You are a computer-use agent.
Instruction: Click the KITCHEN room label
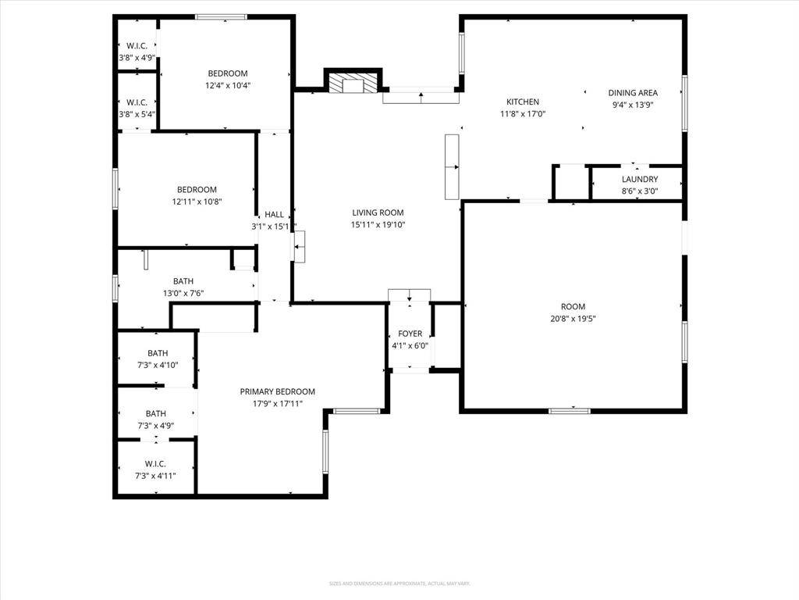[523, 102]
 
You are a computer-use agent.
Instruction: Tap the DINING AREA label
[633, 92]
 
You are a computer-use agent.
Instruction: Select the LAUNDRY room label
[640, 179]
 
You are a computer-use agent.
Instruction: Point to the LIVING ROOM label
[378, 212]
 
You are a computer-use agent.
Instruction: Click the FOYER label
[410, 334]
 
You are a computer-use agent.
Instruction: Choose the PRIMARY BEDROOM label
[277, 391]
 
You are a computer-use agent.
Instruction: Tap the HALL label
[274, 215]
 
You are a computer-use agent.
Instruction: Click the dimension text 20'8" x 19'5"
[573, 318]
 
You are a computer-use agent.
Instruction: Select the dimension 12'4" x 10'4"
[228, 85]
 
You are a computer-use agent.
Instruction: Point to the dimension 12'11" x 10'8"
[197, 201]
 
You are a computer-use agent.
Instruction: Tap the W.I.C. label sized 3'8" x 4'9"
[137, 46]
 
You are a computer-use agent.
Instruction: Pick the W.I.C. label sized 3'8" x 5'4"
[137, 102]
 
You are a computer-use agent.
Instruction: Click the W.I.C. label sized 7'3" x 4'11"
[155, 463]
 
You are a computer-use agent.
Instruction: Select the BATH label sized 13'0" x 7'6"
[183, 281]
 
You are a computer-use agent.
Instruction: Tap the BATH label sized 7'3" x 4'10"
[158, 353]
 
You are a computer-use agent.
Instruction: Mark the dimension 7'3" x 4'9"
[155, 426]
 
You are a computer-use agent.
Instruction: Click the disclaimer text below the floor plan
[399, 584]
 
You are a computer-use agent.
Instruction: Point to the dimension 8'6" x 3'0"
[640, 191]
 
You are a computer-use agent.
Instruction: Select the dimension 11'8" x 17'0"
[523, 113]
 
